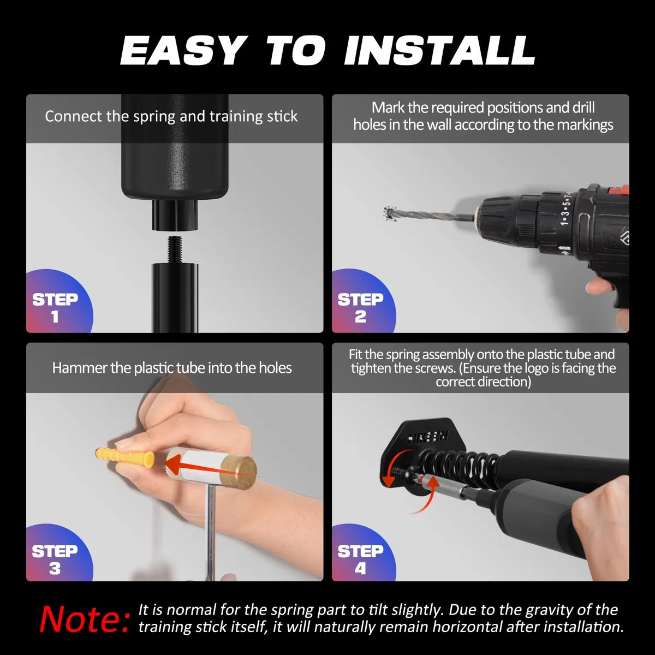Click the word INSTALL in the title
point(439,50)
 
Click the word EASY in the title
point(183,50)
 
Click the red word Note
point(85,620)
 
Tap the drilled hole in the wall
point(389,213)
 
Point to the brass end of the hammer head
point(239,473)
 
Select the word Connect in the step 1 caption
point(74,116)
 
